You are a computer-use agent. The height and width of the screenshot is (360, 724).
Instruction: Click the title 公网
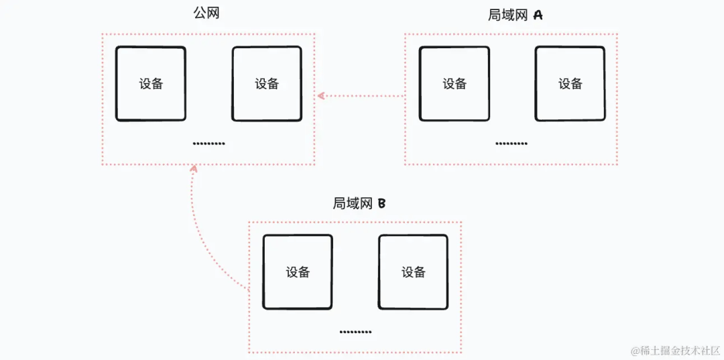[x=206, y=13]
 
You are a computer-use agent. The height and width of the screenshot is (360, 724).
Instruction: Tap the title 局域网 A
[x=515, y=15]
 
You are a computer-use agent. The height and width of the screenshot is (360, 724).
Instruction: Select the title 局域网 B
[x=359, y=203]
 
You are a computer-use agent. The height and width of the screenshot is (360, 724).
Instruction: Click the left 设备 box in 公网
[x=151, y=84]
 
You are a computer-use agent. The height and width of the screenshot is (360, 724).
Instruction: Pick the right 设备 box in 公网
[x=267, y=84]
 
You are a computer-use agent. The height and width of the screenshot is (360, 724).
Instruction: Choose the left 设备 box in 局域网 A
[x=455, y=84]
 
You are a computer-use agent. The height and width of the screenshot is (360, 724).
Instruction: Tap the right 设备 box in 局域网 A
[x=570, y=84]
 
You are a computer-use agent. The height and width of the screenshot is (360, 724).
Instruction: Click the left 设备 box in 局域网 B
[x=298, y=272]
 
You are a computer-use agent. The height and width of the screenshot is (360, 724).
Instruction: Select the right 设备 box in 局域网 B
[x=414, y=272]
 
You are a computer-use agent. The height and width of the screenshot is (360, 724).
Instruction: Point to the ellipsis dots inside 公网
[x=208, y=143]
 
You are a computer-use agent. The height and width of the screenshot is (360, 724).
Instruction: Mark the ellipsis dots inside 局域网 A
[x=511, y=143]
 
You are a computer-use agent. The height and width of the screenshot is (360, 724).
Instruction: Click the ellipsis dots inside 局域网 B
[x=355, y=332]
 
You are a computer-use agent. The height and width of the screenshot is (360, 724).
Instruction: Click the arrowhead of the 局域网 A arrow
[x=320, y=96]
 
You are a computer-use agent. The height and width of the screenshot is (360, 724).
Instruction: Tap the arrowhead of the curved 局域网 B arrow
[x=194, y=169]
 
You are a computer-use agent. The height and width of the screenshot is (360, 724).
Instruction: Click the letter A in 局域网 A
[x=538, y=15]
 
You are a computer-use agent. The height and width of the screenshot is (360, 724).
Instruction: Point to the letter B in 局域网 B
[x=381, y=203]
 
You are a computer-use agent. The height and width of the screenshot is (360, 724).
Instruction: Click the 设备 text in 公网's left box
[x=151, y=84]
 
